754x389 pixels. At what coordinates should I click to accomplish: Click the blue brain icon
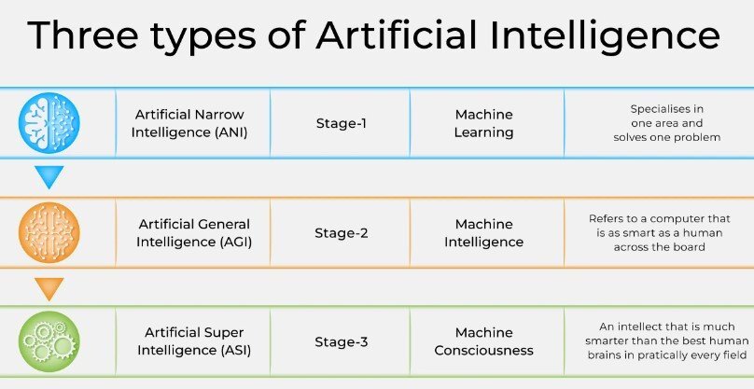pos(49,123)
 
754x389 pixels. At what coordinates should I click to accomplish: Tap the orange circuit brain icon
pos(49,232)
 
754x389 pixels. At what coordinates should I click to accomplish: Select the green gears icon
pos(49,341)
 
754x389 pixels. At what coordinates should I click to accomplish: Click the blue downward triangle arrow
pos(49,176)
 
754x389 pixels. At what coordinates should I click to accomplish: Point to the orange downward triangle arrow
pos(49,288)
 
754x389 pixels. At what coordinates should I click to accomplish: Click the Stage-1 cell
pos(341,123)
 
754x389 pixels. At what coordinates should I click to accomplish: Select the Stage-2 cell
pos(341,233)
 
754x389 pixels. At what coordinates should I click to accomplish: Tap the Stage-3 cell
pos(341,341)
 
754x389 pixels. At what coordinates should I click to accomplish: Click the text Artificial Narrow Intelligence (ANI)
pos(189,123)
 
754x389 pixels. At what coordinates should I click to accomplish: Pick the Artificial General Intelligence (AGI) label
pos(194,233)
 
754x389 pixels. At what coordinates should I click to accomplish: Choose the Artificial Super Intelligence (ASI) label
pos(194,341)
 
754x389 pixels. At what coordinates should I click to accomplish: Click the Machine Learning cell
pos(483,123)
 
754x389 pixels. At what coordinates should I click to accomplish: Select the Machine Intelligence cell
pos(483,233)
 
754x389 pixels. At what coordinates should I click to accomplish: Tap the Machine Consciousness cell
pos(483,341)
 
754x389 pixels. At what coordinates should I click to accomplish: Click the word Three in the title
pos(83,35)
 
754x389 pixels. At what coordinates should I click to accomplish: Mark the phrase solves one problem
pos(667,137)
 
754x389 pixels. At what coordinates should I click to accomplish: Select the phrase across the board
pos(659,247)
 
